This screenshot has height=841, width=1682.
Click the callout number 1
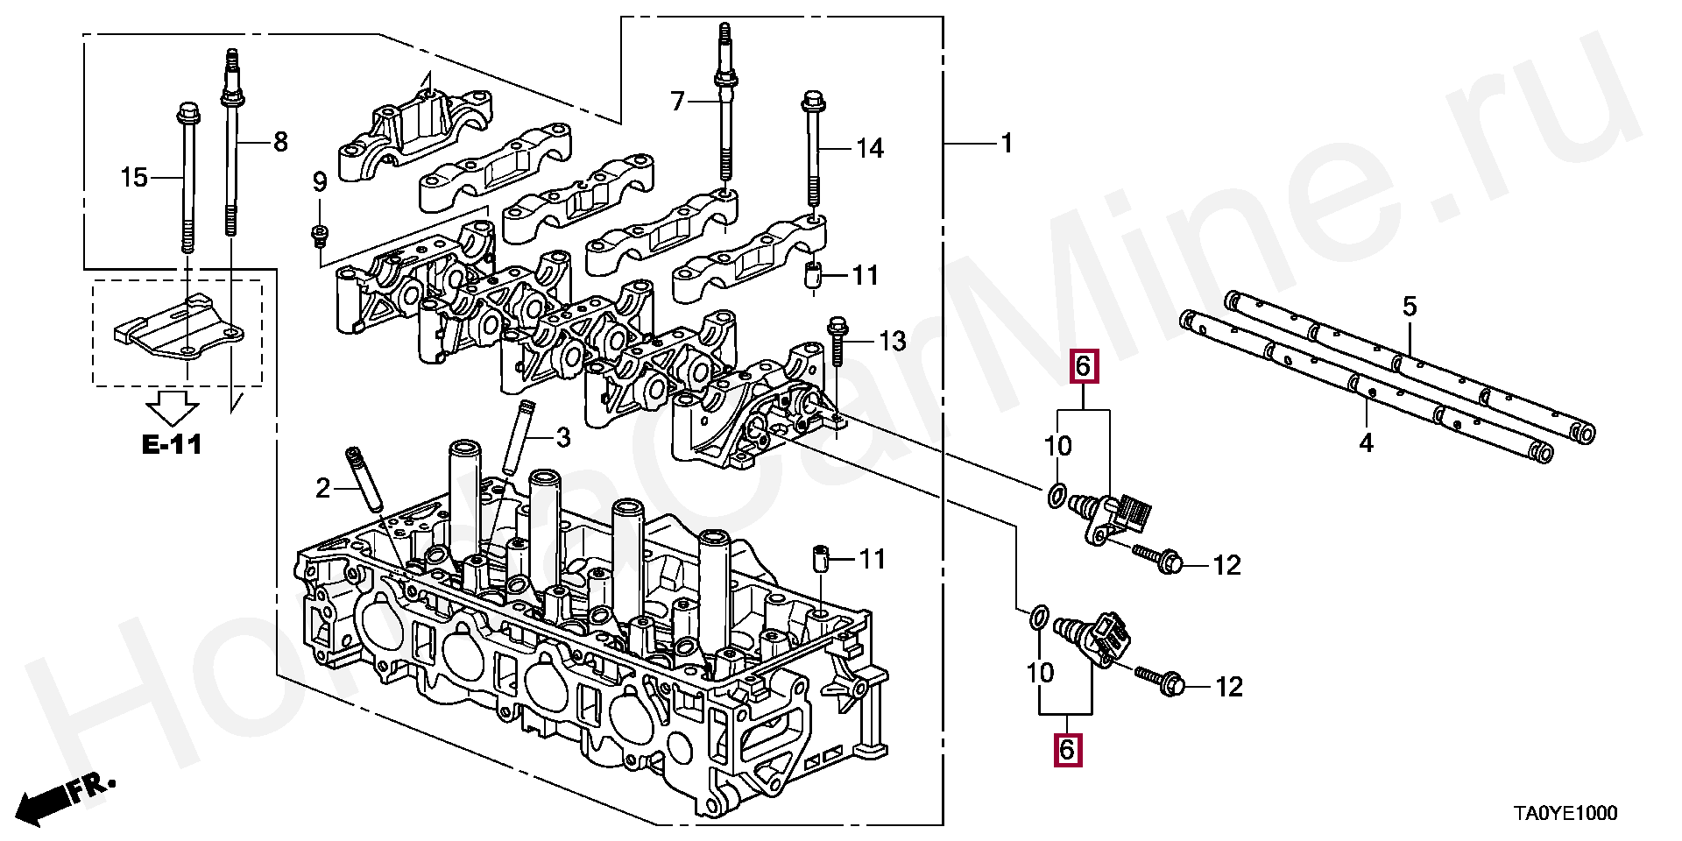coord(1007,143)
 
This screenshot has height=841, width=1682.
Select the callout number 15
coord(134,178)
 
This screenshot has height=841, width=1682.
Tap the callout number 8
coord(280,141)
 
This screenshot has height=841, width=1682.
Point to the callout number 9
coord(320,182)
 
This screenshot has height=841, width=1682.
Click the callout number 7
coord(677,102)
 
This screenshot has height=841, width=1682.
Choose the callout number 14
coord(870,148)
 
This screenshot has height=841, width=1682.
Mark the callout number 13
coord(893,341)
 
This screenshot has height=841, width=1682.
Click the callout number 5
coord(1410,307)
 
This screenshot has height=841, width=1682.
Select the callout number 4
coord(1367,443)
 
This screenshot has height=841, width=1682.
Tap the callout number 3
coord(563,437)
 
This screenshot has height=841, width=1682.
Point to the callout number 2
coord(323,488)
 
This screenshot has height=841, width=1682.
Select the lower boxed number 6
coord(1067,750)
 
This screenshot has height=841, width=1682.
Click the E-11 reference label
coord(172,444)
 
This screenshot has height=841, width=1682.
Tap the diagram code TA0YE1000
coord(1565,814)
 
